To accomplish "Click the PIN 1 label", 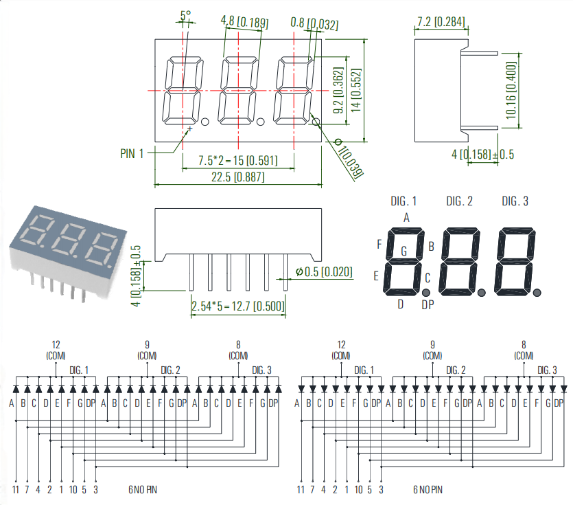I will [x=132, y=154].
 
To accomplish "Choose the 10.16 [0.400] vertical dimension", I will [x=511, y=90].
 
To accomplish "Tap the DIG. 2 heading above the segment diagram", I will [x=459, y=201].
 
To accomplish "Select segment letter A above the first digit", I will [x=406, y=218].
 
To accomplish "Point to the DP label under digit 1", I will [x=428, y=304].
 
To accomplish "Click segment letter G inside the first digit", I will [x=404, y=252].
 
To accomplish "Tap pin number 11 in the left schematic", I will [x=15, y=489].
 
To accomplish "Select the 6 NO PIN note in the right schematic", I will [x=428, y=490].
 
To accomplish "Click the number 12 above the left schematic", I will [x=56, y=344].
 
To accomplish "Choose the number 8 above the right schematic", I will [x=524, y=344].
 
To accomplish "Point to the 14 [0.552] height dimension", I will [x=355, y=85].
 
